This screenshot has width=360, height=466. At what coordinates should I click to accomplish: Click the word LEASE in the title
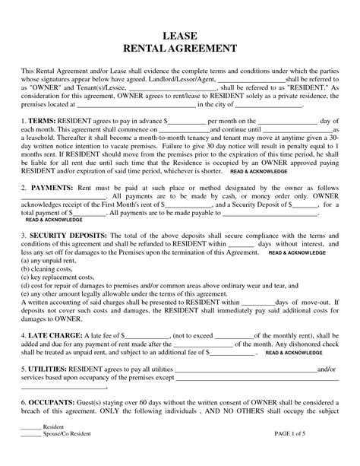tap(180, 36)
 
